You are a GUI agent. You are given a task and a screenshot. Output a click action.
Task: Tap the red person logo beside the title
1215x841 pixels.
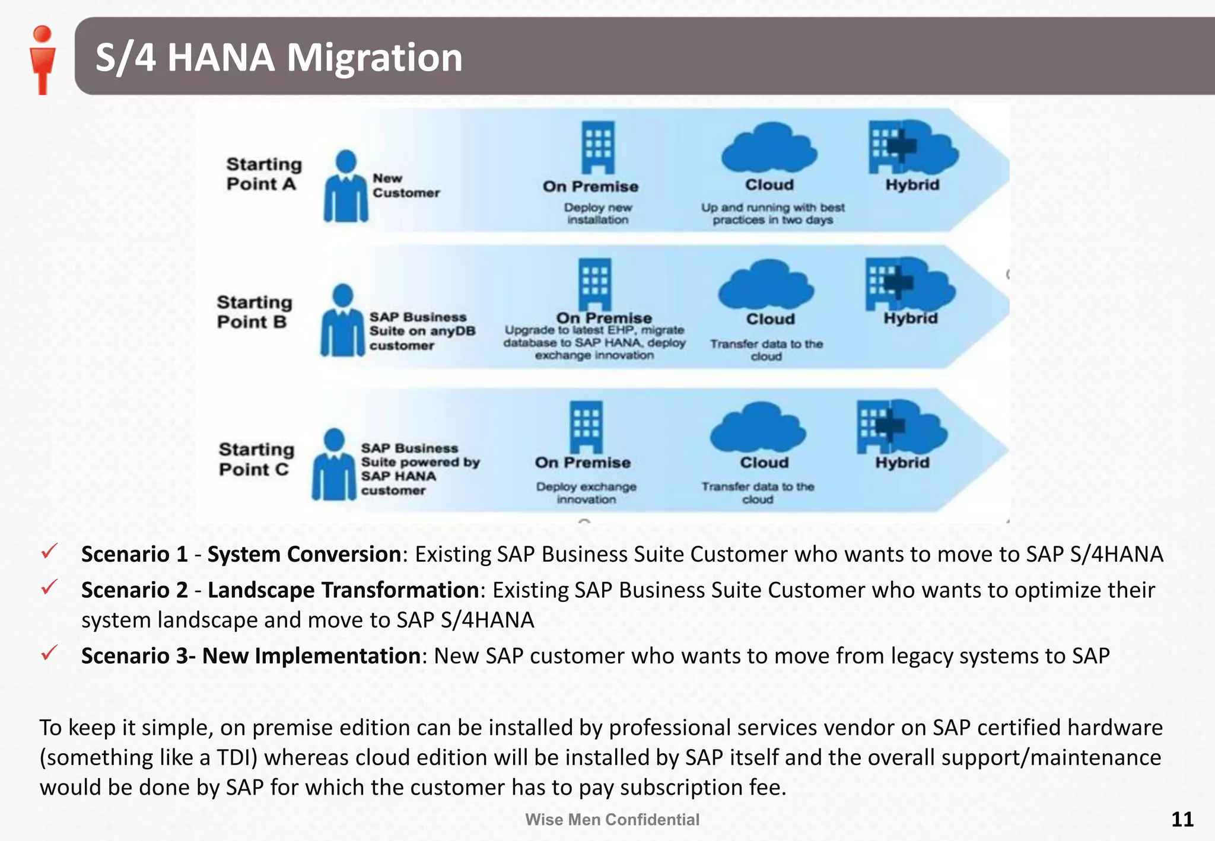pos(42,59)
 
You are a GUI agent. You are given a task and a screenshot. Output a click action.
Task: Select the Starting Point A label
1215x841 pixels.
pos(263,174)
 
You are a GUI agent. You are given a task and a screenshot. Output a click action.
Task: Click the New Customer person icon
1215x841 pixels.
pos(346,186)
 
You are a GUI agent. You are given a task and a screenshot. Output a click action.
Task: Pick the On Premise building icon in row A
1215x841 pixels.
pos(597,148)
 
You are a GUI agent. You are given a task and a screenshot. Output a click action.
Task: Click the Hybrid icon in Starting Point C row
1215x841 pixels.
pos(901,426)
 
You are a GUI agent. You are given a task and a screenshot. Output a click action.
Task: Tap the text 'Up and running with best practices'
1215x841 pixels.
pos(772,214)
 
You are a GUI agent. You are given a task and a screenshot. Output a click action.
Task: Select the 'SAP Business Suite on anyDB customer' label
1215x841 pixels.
pos(422,331)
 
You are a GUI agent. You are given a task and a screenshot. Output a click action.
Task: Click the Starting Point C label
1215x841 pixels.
pos(256,459)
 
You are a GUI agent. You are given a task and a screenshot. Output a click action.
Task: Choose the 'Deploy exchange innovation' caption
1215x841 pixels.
pos(586,493)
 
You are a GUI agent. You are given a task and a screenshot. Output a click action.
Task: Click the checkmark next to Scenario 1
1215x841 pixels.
pos(49,552)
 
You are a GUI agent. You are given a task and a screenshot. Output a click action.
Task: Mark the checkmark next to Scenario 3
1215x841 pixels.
pos(49,653)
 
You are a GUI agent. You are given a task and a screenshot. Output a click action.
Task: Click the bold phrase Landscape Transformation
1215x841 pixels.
pos(343,590)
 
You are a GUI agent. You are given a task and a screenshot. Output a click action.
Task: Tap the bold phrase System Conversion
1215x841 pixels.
pos(304,554)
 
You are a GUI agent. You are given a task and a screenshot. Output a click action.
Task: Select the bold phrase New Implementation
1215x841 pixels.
pos(311,656)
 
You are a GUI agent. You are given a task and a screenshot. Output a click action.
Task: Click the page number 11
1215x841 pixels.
pos(1182,819)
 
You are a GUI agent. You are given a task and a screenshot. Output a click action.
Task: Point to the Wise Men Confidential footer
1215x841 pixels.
pos(612,820)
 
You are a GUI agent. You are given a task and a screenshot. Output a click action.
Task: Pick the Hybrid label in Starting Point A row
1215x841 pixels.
pos(912,185)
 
